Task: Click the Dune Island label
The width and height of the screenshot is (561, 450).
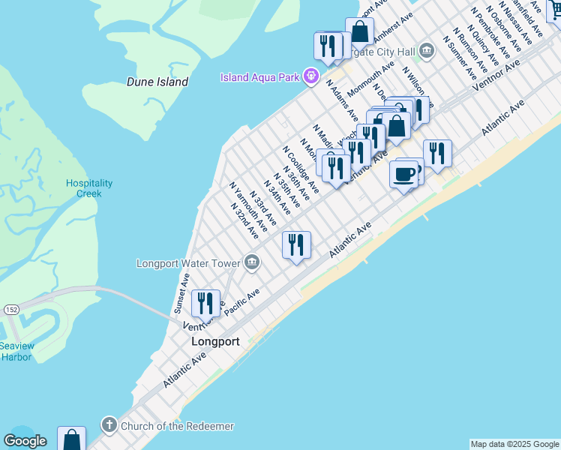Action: (157, 82)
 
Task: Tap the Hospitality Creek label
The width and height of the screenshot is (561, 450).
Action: (89, 188)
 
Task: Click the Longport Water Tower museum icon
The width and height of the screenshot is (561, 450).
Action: (252, 262)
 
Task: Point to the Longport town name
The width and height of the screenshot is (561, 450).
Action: (215, 341)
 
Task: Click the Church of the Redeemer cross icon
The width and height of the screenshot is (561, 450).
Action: (109, 425)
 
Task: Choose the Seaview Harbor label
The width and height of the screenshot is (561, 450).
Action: (16, 351)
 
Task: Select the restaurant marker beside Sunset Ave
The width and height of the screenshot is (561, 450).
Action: (205, 304)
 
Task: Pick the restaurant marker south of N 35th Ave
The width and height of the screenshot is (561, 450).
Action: (297, 244)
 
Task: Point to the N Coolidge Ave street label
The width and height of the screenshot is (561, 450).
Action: (301, 169)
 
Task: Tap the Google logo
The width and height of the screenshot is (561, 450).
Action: (25, 441)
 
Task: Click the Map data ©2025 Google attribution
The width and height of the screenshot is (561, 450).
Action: (514, 444)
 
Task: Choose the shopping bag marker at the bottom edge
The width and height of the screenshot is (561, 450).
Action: (71, 439)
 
